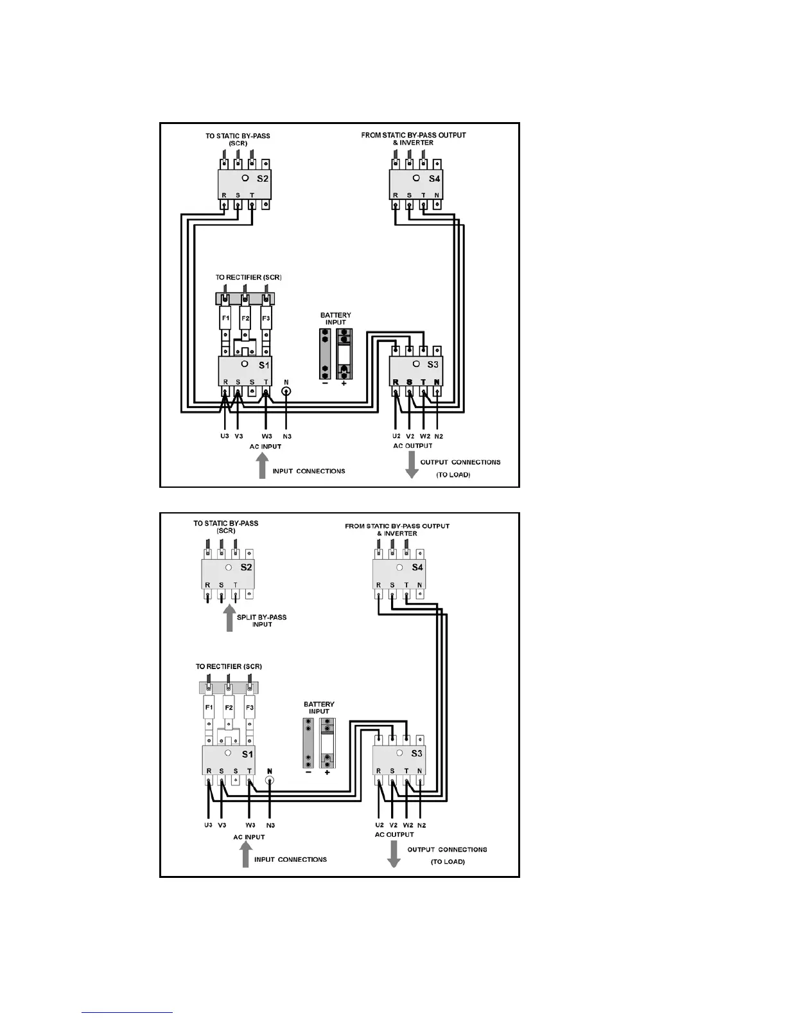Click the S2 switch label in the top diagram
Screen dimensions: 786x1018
[262, 179]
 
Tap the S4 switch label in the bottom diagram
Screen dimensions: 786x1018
[417, 567]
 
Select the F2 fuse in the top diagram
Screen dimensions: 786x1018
[245, 318]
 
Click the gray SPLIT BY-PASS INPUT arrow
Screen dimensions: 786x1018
[229, 620]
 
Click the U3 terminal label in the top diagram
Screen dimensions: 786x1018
[224, 436]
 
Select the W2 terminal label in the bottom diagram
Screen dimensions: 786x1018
[408, 825]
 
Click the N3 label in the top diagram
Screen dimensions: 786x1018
[286, 436]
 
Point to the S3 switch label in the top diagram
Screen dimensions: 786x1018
[432, 364]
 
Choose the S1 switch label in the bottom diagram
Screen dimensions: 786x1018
[247, 754]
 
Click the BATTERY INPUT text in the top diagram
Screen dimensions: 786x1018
[335, 319]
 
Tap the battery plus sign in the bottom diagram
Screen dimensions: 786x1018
[327, 772]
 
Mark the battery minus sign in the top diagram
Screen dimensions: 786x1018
[325, 384]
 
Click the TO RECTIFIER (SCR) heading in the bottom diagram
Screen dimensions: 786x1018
[229, 666]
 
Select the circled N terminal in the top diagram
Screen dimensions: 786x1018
[286, 391]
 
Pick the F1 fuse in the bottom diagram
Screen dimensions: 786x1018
[209, 708]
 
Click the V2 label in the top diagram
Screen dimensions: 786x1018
[410, 436]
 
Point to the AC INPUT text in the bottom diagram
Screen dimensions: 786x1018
[249, 837]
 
